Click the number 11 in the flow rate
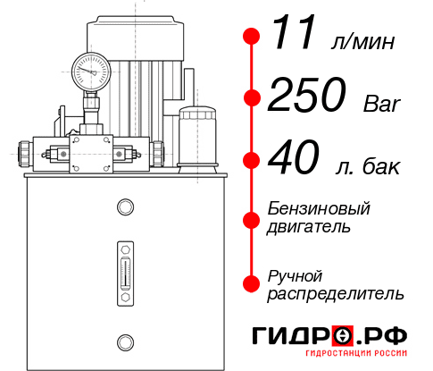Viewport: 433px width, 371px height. point(293,37)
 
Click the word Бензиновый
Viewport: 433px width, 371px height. point(319,208)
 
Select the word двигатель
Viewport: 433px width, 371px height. point(309,226)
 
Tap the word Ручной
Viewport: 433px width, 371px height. point(295,274)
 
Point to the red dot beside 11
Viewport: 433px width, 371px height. point(252,37)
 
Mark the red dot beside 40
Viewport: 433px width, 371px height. point(252,161)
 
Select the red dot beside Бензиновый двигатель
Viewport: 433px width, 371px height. point(252,217)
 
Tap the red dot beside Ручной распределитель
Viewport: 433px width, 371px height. point(252,282)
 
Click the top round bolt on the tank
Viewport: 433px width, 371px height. point(124,207)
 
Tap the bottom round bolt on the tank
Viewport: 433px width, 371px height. point(124,340)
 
